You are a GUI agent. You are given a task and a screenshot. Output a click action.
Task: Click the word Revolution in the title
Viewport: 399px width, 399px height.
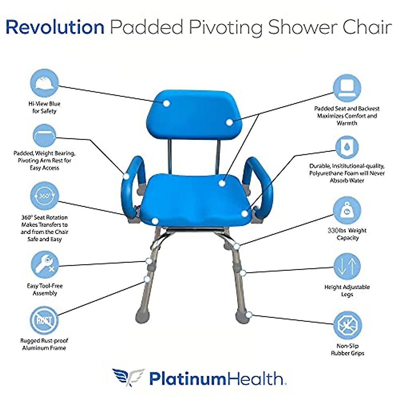[55, 27]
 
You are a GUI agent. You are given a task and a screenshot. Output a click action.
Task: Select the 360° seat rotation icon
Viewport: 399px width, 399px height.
[44, 196]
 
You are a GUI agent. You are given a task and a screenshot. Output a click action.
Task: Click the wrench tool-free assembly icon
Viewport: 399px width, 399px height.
[45, 264]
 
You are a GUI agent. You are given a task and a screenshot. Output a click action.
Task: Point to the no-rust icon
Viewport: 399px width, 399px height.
[44, 320]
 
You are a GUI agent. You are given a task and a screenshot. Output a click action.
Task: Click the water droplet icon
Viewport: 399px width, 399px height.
[347, 147]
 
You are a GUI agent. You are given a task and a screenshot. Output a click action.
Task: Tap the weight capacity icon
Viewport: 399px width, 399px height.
[347, 210]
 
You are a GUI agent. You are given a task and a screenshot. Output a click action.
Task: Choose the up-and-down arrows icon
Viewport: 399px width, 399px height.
[347, 267]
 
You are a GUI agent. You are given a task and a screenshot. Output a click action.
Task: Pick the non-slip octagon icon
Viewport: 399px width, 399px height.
[347, 325]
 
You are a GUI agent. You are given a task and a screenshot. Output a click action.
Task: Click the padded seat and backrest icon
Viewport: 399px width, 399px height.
[347, 88]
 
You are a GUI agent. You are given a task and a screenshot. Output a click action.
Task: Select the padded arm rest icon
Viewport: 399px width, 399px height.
[44, 136]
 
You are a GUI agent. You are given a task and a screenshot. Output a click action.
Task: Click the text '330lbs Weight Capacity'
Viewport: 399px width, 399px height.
[347, 234]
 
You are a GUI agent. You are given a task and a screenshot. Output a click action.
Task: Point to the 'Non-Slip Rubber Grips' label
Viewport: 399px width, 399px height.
[347, 349]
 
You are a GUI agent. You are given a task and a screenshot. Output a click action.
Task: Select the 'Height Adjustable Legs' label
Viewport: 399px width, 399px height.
[347, 291]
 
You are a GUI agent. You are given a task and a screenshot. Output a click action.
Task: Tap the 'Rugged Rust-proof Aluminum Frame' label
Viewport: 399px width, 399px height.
[44, 344]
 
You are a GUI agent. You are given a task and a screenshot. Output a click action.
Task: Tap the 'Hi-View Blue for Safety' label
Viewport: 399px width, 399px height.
[44, 107]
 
